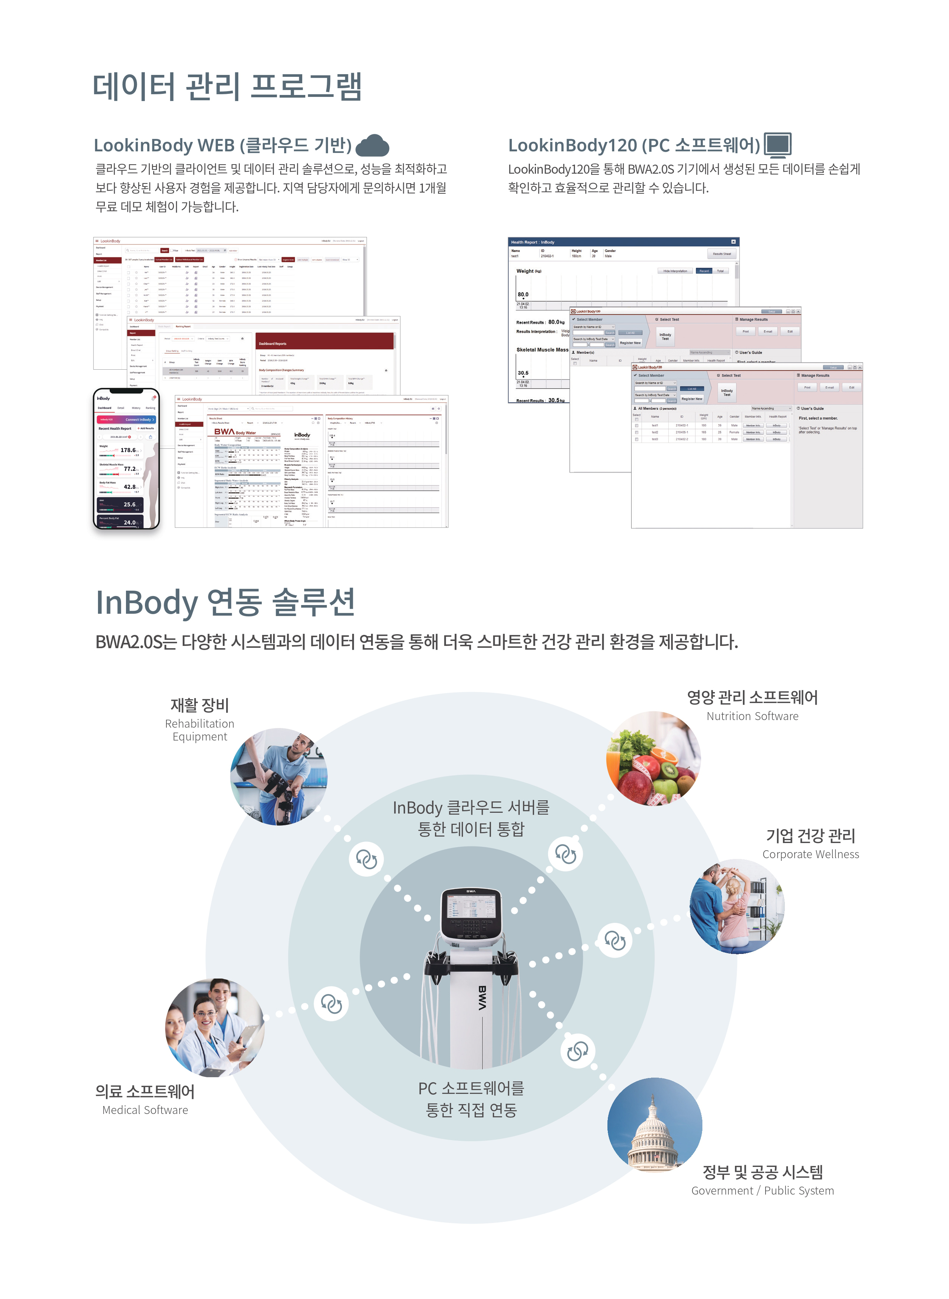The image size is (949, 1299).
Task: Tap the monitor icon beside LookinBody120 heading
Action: pos(778,145)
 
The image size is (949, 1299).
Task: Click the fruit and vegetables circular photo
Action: pos(654,758)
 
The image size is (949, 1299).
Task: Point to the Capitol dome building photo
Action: pos(654,1125)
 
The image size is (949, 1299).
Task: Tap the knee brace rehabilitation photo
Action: pos(279,777)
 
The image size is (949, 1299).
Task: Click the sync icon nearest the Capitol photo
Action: pos(577,1051)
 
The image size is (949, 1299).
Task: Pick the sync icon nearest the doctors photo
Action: pos(331,1004)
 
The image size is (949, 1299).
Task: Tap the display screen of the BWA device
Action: pos(471,910)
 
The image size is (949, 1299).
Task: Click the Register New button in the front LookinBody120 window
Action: pos(692,399)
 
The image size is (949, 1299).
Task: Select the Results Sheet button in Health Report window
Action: pos(722,254)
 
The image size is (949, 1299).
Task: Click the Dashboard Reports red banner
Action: pos(325,343)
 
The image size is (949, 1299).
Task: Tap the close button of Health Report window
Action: pos(733,242)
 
